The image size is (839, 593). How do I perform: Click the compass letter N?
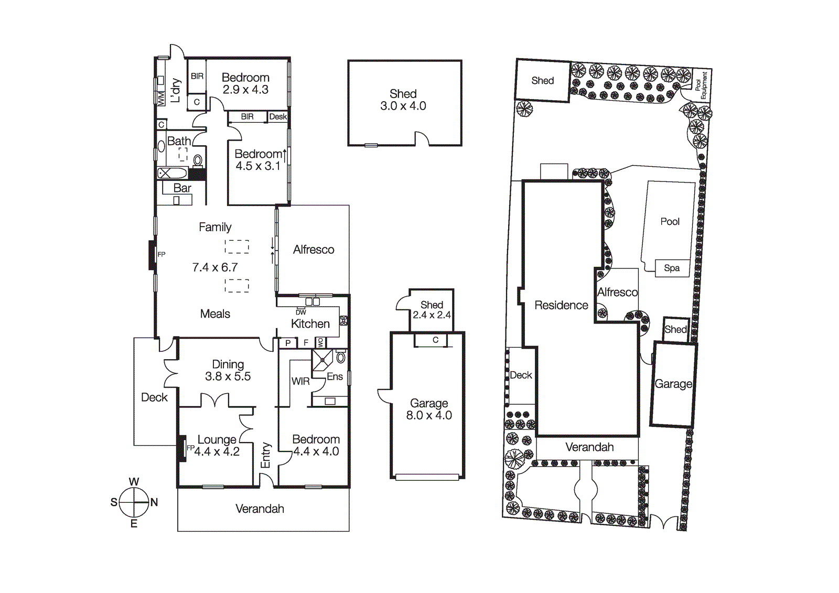pyautogui.click(x=154, y=502)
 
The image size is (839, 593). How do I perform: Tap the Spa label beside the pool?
pyautogui.click(x=672, y=268)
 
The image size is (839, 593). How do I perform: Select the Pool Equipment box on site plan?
pyautogui.click(x=701, y=85)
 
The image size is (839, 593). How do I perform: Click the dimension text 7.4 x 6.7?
pyautogui.click(x=215, y=267)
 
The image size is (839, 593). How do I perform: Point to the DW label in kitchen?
pyautogui.click(x=301, y=312)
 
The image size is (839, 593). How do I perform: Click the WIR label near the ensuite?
pyautogui.click(x=300, y=381)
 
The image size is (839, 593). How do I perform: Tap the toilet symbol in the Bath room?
pyautogui.click(x=198, y=160)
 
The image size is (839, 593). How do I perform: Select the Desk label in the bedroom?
pyautogui.click(x=278, y=116)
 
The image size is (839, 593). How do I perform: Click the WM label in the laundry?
pyautogui.click(x=161, y=98)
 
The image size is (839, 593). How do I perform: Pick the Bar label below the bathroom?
pyautogui.click(x=182, y=188)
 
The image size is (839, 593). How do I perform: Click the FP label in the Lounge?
pyautogui.click(x=190, y=448)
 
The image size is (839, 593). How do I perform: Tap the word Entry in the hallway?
pyautogui.click(x=265, y=455)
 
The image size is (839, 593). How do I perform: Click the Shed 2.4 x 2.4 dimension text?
pyautogui.click(x=432, y=315)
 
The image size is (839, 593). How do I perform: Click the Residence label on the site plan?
pyautogui.click(x=561, y=305)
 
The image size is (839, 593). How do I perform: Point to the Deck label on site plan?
pyautogui.click(x=521, y=375)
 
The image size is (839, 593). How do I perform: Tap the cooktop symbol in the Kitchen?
pyautogui.click(x=343, y=320)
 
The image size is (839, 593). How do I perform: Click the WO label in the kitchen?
pyautogui.click(x=321, y=343)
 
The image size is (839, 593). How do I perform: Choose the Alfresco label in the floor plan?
pyautogui.click(x=314, y=250)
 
